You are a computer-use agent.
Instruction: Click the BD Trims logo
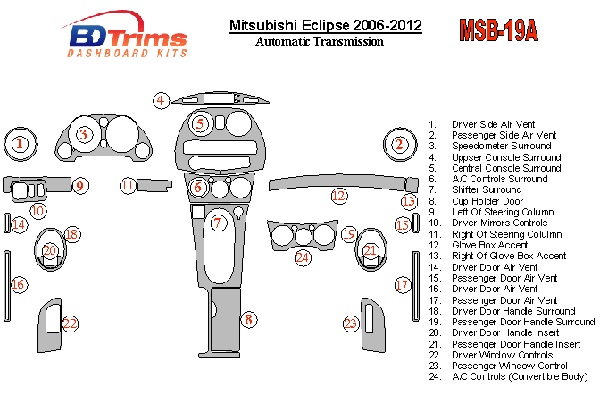click(127, 38)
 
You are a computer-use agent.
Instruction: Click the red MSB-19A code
click(498, 30)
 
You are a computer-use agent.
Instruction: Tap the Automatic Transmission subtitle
click(320, 41)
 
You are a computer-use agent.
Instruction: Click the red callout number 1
click(21, 143)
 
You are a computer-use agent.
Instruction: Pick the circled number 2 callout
click(400, 143)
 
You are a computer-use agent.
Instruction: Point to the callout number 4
click(161, 100)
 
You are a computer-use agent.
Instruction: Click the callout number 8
click(249, 319)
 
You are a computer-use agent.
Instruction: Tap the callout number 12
click(338, 196)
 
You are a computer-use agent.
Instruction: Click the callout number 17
click(403, 285)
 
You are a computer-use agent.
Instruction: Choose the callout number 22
click(70, 324)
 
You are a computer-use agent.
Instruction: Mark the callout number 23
click(352, 324)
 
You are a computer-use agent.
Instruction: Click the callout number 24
click(303, 257)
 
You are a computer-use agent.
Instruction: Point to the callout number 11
click(129, 185)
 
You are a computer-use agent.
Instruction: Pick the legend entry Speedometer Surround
click(501, 146)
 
